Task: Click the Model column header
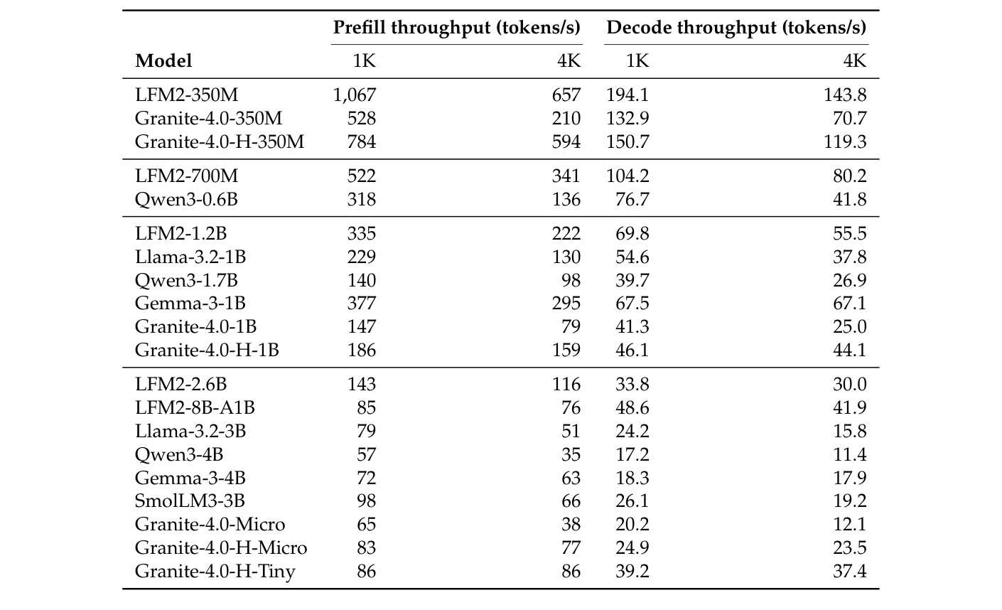[163, 61]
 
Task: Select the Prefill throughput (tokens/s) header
[457, 28]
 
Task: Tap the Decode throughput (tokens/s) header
[736, 28]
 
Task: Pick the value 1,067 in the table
[354, 95]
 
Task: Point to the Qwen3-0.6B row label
[186, 200]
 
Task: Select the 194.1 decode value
[627, 95]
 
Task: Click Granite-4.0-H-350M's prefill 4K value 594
[566, 142]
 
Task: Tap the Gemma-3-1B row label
[190, 304]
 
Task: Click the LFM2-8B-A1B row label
[195, 408]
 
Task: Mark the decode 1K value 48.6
[632, 408]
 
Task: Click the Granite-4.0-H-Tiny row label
[215, 571]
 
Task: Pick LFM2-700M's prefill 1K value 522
[361, 176]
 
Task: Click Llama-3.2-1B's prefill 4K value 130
[566, 257]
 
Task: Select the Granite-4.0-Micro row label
[210, 525]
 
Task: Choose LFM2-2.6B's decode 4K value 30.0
[850, 385]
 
